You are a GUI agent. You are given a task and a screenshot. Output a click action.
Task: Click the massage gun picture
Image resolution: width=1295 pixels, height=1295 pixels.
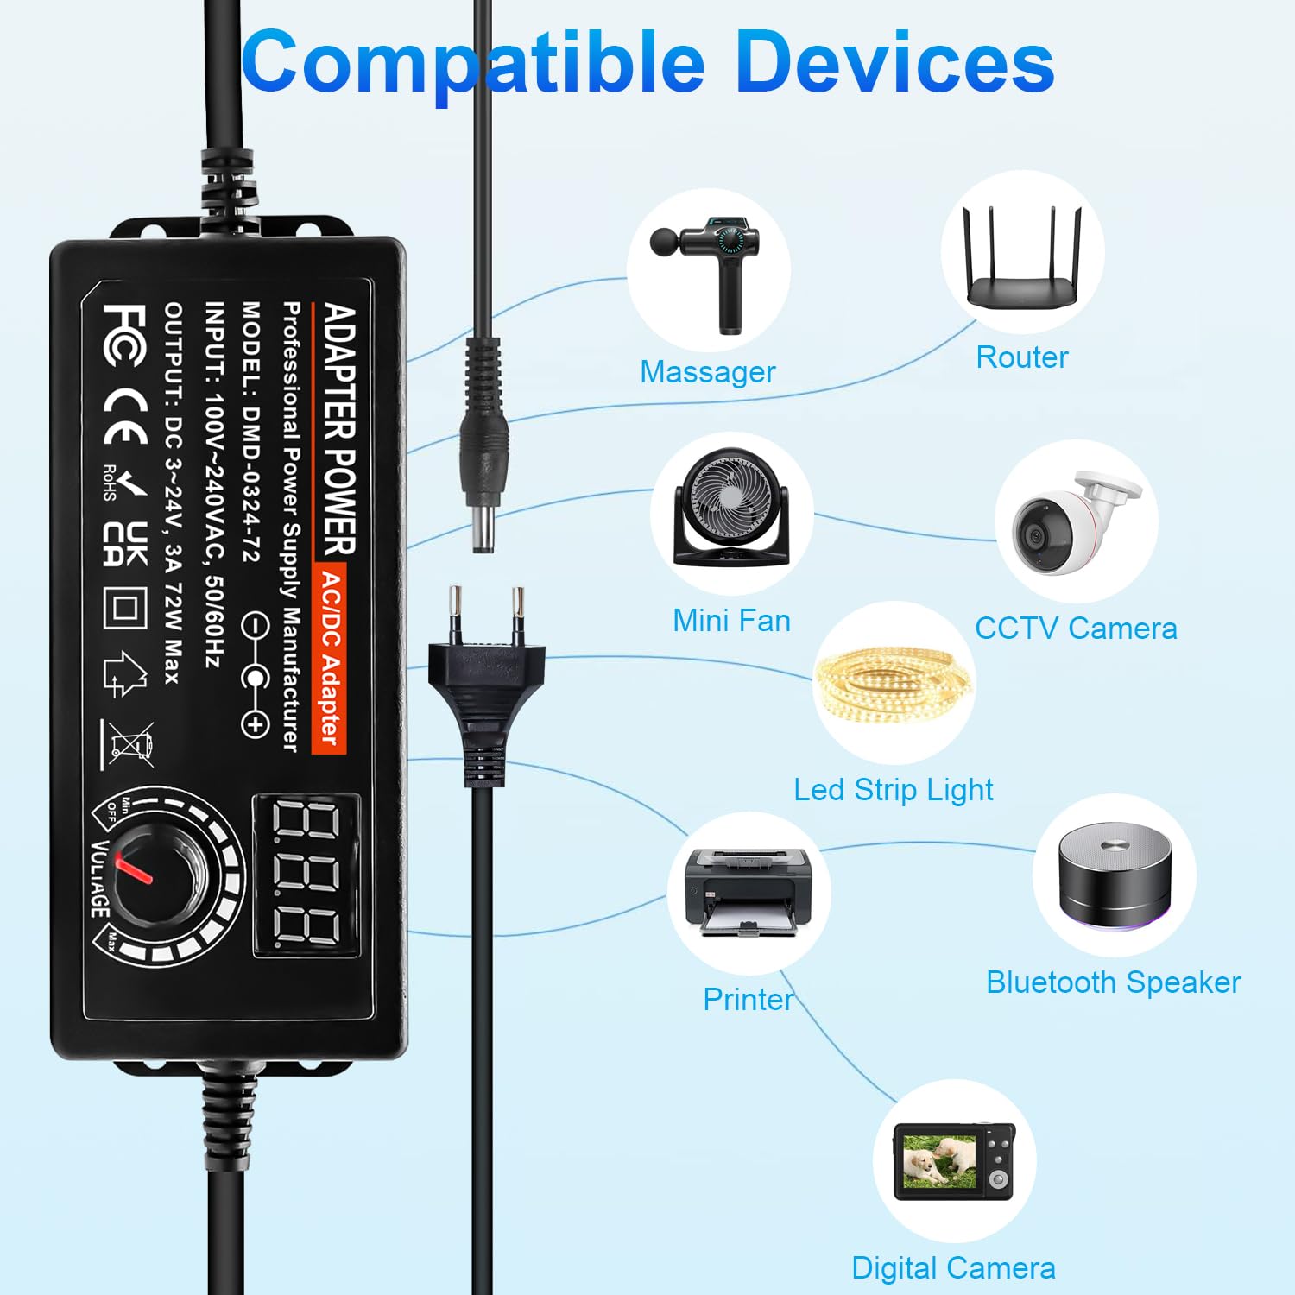(706, 274)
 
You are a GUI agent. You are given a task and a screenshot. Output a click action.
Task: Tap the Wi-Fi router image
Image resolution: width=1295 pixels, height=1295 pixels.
(1023, 257)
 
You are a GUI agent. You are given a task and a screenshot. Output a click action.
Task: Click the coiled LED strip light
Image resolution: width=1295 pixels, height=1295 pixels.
(894, 687)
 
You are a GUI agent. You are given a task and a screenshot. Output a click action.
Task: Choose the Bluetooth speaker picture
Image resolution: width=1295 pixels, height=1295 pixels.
(1115, 876)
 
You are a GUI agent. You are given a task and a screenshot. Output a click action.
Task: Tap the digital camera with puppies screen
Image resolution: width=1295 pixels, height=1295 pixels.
(954, 1162)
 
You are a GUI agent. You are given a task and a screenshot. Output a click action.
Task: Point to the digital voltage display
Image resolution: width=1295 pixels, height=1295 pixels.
(306, 875)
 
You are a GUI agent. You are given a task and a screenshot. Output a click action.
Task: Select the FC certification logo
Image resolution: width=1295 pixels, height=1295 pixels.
(123, 335)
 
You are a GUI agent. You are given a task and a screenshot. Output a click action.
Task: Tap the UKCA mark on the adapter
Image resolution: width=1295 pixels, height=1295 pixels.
(126, 544)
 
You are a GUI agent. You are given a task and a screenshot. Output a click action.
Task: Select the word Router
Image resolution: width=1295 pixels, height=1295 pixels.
(1022, 357)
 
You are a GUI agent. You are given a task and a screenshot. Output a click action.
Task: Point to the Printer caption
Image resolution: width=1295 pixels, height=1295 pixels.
(748, 999)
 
